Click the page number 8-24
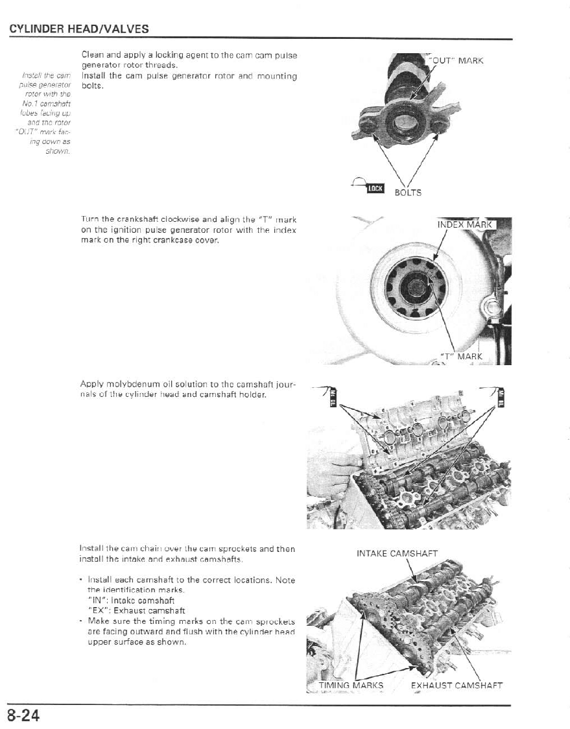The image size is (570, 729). [x=24, y=716]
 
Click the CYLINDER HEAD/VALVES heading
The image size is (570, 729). [x=78, y=29]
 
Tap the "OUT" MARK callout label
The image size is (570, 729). [x=457, y=61]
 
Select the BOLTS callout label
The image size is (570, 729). [x=408, y=193]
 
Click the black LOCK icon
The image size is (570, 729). [x=375, y=188]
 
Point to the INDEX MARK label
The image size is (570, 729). [x=466, y=225]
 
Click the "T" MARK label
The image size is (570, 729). [x=461, y=356]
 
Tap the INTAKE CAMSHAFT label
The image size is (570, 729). [x=397, y=553]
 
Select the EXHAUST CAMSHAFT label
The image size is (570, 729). [x=457, y=685]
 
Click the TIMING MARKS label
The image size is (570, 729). [x=351, y=685]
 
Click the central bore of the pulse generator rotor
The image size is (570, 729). [x=407, y=121]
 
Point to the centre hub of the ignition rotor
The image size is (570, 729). [x=414, y=286]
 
